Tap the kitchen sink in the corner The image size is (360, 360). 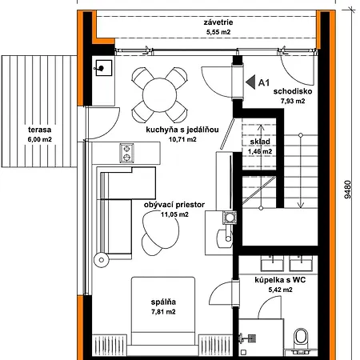pos(103,69)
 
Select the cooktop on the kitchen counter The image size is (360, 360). pos(127,150)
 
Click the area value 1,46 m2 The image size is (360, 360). pos(259,150)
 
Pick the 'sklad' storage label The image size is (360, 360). pos(258,141)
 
